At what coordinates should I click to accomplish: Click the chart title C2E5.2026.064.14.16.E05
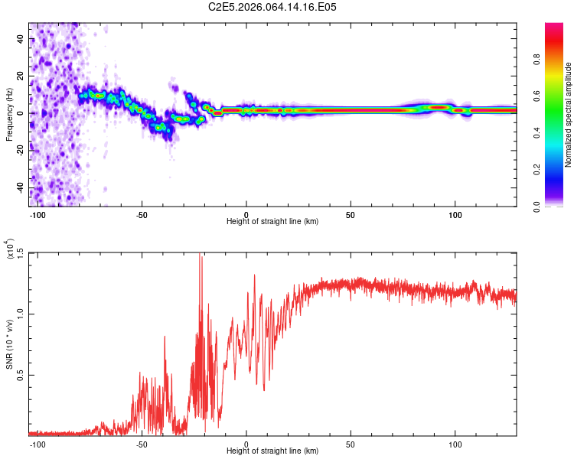coord(273,7)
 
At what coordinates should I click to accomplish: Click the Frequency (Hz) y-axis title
coord(9,113)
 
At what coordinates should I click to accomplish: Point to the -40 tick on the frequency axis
coord(21,187)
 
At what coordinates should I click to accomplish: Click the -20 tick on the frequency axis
coord(21,150)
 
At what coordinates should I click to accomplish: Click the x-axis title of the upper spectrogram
coord(272,221)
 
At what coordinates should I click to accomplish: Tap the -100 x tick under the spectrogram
coord(36,213)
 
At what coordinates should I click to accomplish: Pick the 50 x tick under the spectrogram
coord(350,213)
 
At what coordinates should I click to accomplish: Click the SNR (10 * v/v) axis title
coord(9,344)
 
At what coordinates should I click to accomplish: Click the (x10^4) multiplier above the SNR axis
coord(9,250)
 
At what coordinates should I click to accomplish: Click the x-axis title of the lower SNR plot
coord(272,451)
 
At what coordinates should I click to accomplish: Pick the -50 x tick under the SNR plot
coord(142,443)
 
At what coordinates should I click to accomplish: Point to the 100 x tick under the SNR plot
coord(455,443)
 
